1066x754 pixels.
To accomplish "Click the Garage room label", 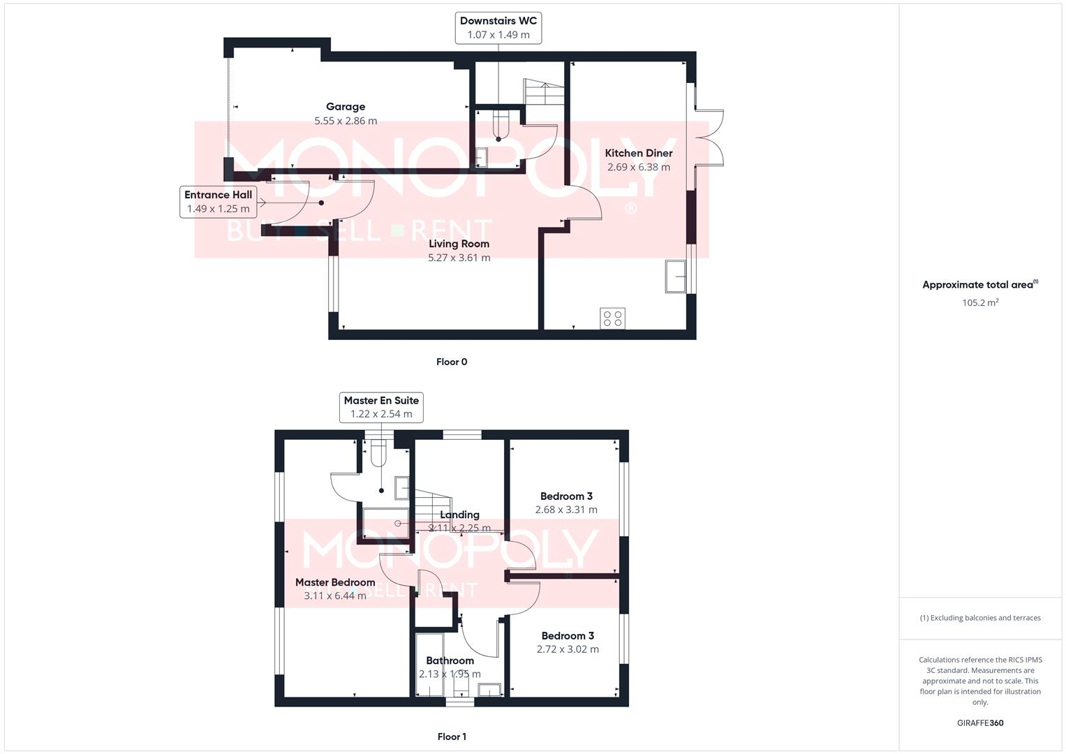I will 346,107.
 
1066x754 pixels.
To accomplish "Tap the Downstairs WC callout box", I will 498,28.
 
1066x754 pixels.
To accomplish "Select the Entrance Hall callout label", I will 218,202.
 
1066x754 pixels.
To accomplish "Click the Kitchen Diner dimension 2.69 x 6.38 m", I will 638,168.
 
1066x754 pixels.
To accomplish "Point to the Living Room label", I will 459,244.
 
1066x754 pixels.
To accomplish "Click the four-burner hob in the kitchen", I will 612,319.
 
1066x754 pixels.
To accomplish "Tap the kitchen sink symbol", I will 675,276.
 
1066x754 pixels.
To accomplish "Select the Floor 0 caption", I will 452,362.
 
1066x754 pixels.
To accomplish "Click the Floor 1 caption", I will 452,737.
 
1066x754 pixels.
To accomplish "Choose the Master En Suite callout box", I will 381,407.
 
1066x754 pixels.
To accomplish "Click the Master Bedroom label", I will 335,582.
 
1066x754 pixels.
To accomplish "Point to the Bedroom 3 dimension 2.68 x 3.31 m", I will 566,510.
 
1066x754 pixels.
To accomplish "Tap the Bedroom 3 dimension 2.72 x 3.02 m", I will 568,649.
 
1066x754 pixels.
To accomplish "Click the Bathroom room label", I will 450,660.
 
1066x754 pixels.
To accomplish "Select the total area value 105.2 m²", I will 980,303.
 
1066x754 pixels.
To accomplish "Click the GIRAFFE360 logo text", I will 980,723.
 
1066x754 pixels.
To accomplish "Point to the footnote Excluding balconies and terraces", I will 980,618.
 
